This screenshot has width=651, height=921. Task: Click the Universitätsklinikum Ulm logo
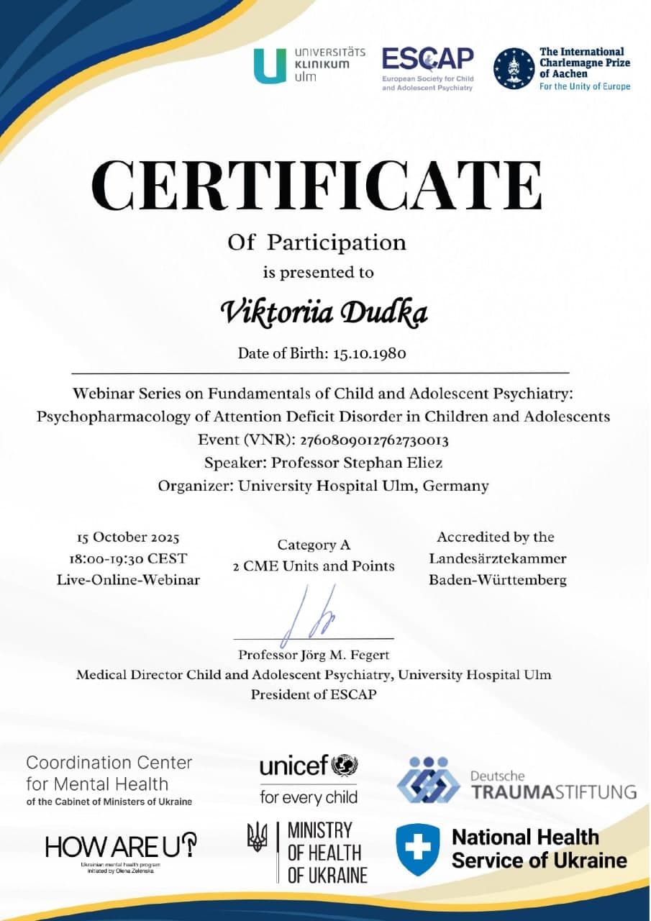[x=309, y=65]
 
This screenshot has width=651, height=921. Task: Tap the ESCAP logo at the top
[x=427, y=68]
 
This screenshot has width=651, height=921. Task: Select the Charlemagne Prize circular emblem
[x=514, y=68]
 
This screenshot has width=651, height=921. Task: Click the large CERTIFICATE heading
[x=317, y=186]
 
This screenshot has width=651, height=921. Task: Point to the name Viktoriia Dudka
[x=323, y=312]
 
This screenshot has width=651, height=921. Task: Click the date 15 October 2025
[x=128, y=537]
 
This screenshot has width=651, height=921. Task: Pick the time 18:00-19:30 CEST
[x=128, y=558]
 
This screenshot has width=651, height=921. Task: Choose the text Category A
[x=314, y=545]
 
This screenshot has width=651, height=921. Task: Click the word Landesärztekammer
[x=497, y=558]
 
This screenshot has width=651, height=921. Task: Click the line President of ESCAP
[x=313, y=694]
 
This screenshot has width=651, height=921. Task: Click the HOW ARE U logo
[x=120, y=846]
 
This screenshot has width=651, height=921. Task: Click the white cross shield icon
[x=417, y=848]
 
